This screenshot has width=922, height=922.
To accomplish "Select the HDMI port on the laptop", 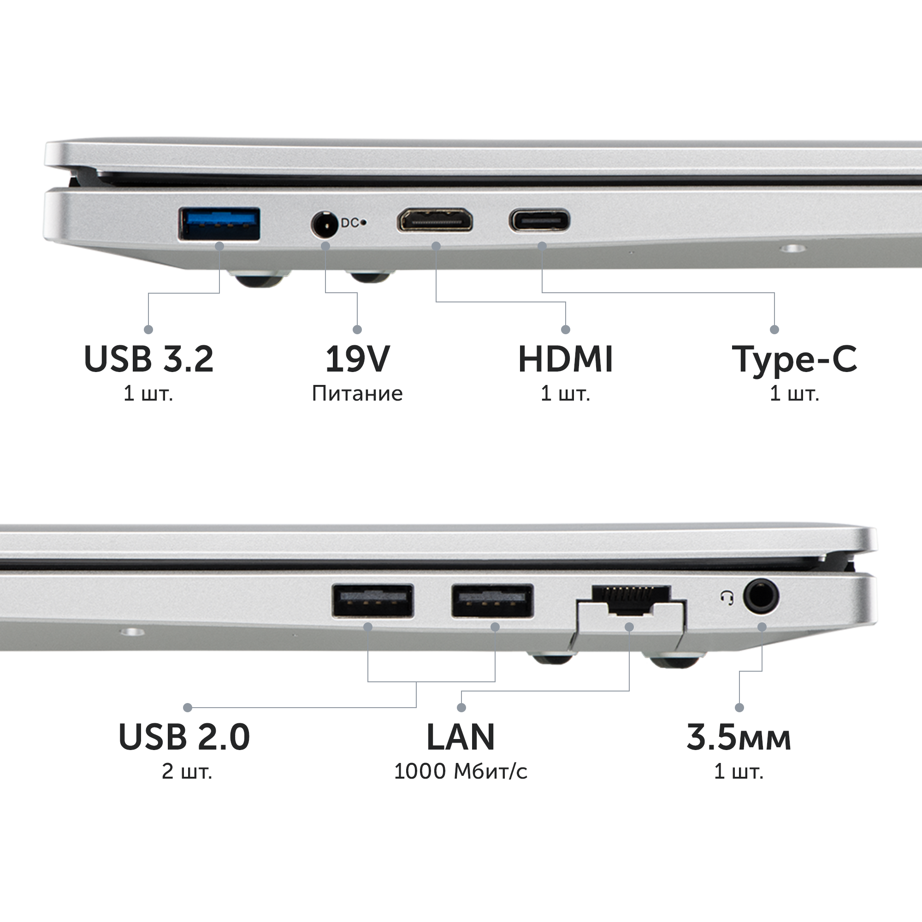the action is [x=435, y=220].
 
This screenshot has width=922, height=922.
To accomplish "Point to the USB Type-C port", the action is [x=539, y=220].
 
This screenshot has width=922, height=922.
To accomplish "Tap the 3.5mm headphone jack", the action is [x=761, y=597].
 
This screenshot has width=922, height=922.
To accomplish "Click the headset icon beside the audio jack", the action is [x=727, y=598].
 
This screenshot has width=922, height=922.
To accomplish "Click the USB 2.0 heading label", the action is [x=184, y=737].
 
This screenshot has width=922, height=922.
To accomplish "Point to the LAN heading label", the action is [x=461, y=737].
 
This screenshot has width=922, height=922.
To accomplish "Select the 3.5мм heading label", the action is [x=739, y=737].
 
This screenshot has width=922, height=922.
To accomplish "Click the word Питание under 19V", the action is [x=357, y=394].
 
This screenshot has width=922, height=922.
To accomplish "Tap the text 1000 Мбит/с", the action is [x=461, y=772].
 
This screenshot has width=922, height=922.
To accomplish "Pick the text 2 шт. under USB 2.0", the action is [x=187, y=772].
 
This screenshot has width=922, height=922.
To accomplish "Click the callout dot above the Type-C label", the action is [x=774, y=329].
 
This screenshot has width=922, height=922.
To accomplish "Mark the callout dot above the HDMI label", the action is [x=566, y=329].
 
